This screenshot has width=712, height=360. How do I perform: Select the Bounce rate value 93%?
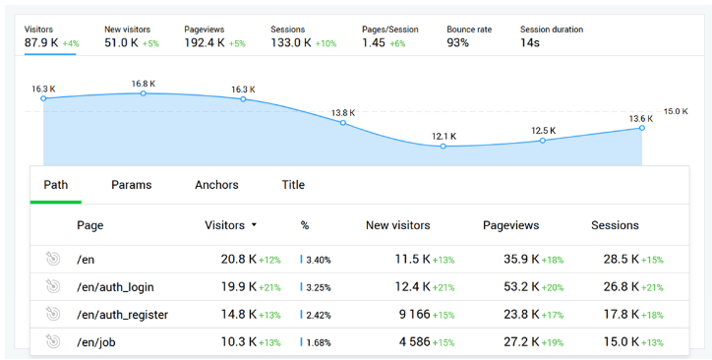[x=457, y=43]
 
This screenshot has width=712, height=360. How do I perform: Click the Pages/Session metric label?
[x=388, y=30]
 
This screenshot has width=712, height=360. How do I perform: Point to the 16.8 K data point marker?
[x=144, y=93]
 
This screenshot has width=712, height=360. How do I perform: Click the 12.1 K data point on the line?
[x=443, y=147]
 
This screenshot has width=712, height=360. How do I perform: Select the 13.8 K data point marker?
[x=343, y=123]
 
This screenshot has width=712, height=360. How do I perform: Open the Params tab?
[x=131, y=185]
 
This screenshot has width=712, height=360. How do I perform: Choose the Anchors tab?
[x=216, y=185]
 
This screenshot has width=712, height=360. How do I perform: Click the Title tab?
[x=293, y=185]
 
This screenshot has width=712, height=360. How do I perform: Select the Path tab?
[x=55, y=185]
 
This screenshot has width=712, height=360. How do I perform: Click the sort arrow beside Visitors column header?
[x=254, y=225]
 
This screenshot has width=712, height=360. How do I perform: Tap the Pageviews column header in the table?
[x=510, y=225]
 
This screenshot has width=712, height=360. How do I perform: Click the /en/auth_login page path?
[x=115, y=287]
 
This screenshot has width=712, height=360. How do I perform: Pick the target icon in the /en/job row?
[x=53, y=342]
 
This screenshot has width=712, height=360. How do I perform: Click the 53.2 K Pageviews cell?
[x=518, y=287]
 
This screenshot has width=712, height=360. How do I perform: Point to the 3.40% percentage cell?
[x=318, y=260]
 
